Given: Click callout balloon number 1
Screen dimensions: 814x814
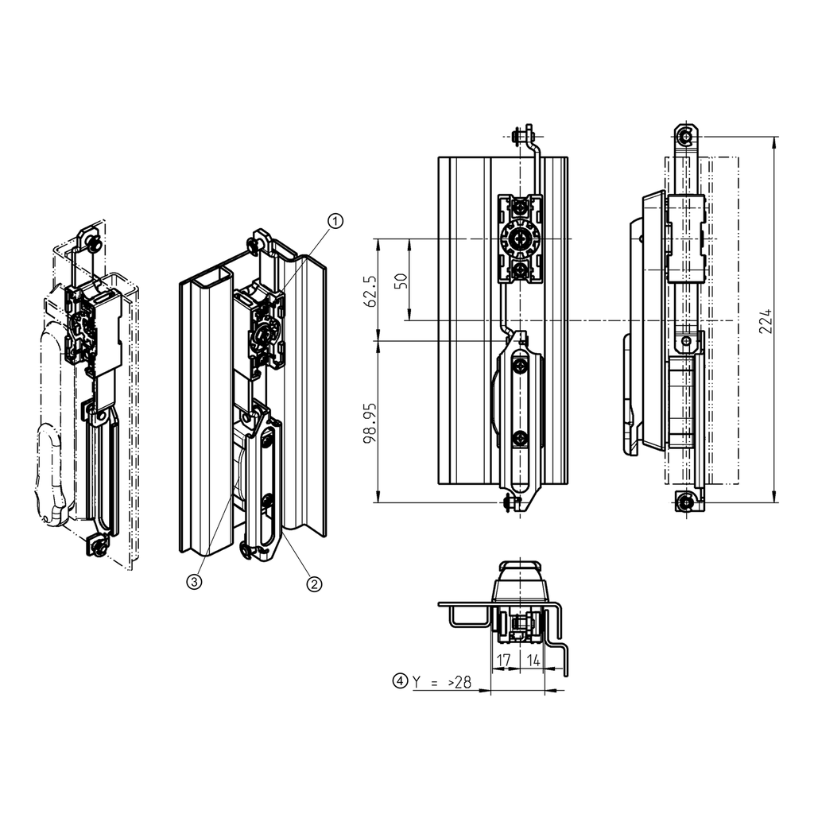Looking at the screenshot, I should click(x=336, y=221).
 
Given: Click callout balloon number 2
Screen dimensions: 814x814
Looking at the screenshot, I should click(x=315, y=584).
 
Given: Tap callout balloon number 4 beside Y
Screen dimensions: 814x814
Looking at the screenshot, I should click(x=400, y=681).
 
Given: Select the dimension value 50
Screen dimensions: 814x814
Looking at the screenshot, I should click(x=401, y=280).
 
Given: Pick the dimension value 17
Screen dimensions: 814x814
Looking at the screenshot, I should click(x=503, y=659).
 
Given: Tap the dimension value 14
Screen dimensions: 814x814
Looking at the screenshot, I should click(x=533, y=659).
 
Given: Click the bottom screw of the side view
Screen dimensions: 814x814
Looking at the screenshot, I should click(x=685, y=502).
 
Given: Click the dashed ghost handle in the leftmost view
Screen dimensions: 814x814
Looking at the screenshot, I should click(x=52, y=477).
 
